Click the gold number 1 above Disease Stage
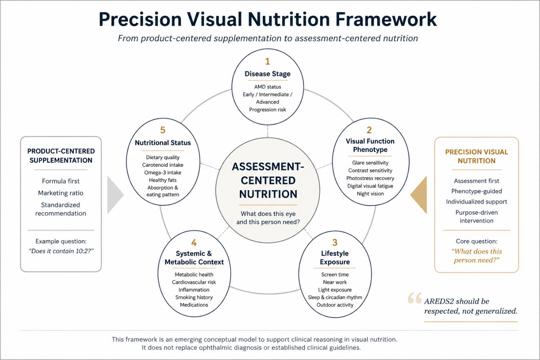[267, 61]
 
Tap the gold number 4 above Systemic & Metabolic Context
[194, 243]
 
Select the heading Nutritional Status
[163, 143]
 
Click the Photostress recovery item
[370, 178]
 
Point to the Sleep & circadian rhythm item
[335, 297]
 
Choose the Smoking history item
[194, 297]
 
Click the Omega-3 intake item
[163, 172]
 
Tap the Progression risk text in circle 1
[268, 110]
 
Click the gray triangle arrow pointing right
[116, 195]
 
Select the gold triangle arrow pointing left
[419, 195]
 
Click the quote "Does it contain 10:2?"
[61, 251]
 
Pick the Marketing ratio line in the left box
[61, 193]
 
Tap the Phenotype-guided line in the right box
[477, 191]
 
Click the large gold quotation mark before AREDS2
[415, 298]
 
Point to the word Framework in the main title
[386, 19]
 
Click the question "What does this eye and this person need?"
[268, 218]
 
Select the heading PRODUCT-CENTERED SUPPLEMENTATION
[61, 156]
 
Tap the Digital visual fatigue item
[370, 186]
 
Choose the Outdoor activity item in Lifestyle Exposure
[335, 305]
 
